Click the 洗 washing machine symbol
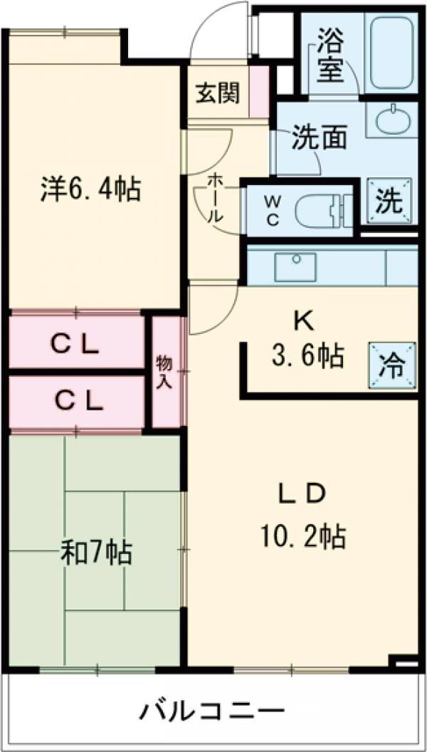(x=389, y=201)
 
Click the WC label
(x=273, y=210)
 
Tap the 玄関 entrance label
(x=218, y=93)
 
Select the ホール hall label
(x=213, y=200)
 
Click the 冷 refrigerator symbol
(x=391, y=366)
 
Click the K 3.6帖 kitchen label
(x=307, y=340)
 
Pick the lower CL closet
(x=77, y=402)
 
